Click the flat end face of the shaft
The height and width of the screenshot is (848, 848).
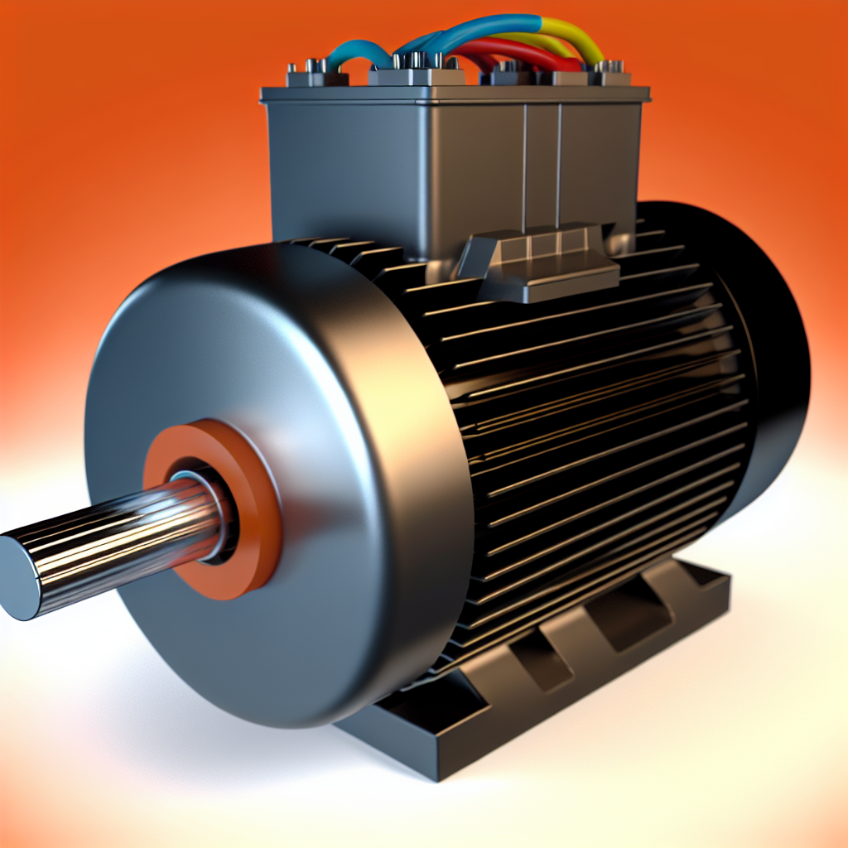[x=18, y=577]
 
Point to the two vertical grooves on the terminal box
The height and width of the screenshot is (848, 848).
[x=542, y=166]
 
